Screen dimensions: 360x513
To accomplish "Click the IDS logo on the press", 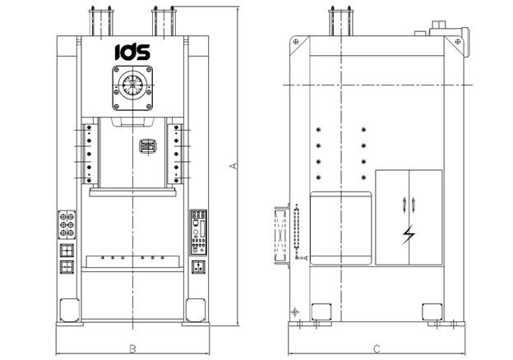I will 132,52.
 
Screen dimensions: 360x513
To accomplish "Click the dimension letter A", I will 233,167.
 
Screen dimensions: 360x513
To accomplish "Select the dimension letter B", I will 132,348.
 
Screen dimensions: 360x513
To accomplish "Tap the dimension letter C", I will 376,348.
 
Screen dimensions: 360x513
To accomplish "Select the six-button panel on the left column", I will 66,224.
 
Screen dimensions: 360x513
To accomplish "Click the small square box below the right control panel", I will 198,266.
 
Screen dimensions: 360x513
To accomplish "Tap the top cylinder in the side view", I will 340,23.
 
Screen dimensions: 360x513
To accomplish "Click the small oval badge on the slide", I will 147,145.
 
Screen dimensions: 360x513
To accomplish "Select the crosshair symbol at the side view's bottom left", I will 294,312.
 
